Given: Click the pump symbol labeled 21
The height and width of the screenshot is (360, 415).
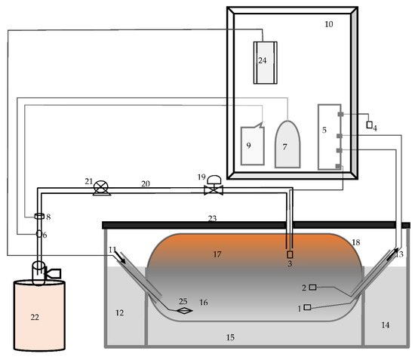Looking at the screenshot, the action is coord(102,188).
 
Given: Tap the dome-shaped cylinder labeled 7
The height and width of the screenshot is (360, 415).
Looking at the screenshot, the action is coord(287,144).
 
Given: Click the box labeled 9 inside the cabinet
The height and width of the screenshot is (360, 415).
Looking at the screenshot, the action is coord(253,144).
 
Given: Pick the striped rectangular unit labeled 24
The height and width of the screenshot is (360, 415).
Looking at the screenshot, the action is coord(266,63).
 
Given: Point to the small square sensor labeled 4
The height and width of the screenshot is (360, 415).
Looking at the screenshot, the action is coord(369,125).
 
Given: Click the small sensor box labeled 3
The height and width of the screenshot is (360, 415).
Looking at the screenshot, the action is coord(290,254).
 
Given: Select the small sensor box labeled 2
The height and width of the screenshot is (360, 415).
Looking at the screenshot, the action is coord(312,288).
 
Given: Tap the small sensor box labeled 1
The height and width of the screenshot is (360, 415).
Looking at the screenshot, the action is coord(307,307).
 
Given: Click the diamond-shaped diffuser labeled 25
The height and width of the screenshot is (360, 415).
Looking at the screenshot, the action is coord(185,310).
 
